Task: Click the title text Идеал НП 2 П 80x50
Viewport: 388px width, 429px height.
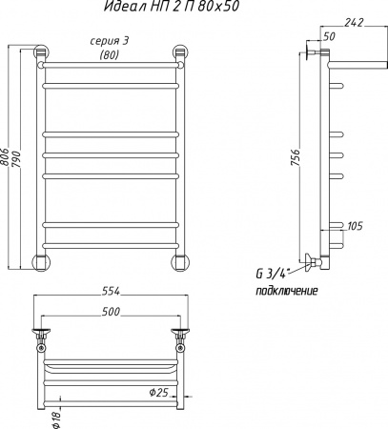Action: coord(172,7)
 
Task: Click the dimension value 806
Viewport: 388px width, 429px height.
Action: coord(5,156)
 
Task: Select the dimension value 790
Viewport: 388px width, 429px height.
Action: coord(16,158)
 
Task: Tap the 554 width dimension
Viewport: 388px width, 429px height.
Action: coord(111,291)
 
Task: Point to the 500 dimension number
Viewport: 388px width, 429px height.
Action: coord(111,312)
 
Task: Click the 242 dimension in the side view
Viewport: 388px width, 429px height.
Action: coord(354,23)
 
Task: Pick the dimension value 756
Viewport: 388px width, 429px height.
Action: coord(296,158)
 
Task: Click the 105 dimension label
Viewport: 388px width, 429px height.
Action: coord(355,226)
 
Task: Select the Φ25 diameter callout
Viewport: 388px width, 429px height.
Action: coord(158,393)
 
